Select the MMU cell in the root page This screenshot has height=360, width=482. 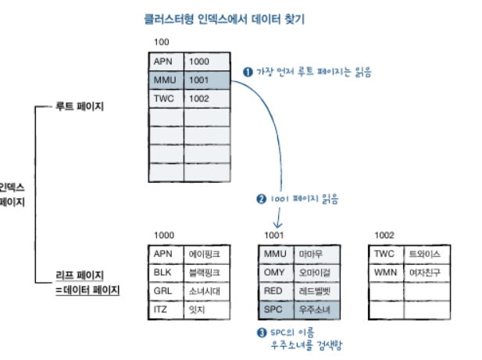pos(166,80)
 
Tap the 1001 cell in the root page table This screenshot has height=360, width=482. pos(205,80)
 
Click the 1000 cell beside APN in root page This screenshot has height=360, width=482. pos(205,61)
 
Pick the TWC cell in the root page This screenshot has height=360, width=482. pos(166,98)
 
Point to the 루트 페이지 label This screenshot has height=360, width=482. pos(82,106)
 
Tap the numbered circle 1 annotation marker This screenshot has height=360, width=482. pos(248,72)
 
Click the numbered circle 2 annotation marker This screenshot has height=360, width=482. pos(261,198)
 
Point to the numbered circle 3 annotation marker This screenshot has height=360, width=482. pos(262,332)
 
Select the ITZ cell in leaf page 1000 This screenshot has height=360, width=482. pos(166,310)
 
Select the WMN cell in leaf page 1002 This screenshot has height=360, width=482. pos(386,273)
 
